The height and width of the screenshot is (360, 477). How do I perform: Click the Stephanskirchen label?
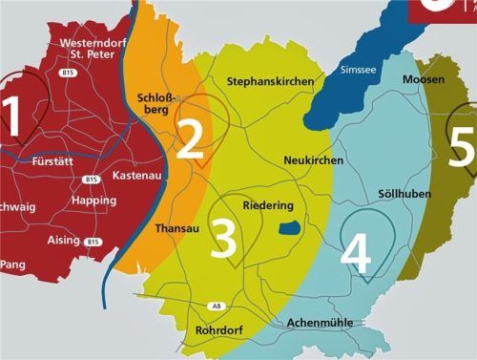tap(270, 82)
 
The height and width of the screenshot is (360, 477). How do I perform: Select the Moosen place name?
tap(423, 79)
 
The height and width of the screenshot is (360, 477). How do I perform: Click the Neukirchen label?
tap(314, 160)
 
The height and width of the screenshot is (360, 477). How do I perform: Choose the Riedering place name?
tap(268, 205)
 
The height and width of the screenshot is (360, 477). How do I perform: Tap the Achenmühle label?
tap(320, 323)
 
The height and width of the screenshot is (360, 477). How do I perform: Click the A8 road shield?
tap(216, 306)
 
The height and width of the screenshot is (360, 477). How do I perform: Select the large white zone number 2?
tap(190, 139)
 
